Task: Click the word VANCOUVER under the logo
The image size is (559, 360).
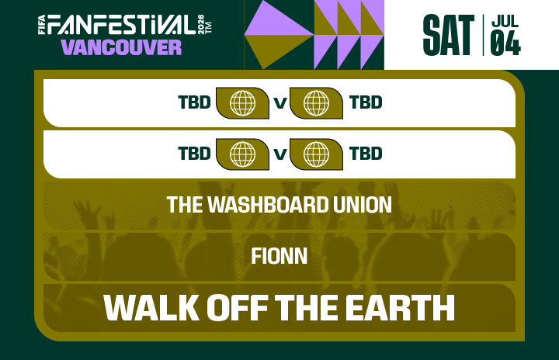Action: (x=121, y=47)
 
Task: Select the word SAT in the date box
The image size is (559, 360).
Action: (x=448, y=35)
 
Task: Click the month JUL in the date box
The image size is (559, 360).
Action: (x=505, y=22)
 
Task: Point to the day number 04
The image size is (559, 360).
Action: (x=505, y=45)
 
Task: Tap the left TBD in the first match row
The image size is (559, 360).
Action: (x=194, y=102)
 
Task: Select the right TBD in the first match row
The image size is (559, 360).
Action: (x=366, y=102)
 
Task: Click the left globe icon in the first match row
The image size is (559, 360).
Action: (x=242, y=102)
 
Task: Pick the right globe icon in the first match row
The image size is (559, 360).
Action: (x=316, y=102)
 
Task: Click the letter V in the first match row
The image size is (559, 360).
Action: (x=279, y=103)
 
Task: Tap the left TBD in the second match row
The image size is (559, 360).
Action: (x=194, y=153)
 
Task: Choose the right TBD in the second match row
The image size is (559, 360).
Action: (x=366, y=153)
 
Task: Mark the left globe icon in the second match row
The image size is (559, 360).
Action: (x=242, y=153)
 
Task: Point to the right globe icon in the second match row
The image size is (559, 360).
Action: (x=316, y=153)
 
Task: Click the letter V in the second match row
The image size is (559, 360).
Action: (x=279, y=154)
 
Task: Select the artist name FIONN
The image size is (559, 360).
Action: (x=279, y=255)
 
